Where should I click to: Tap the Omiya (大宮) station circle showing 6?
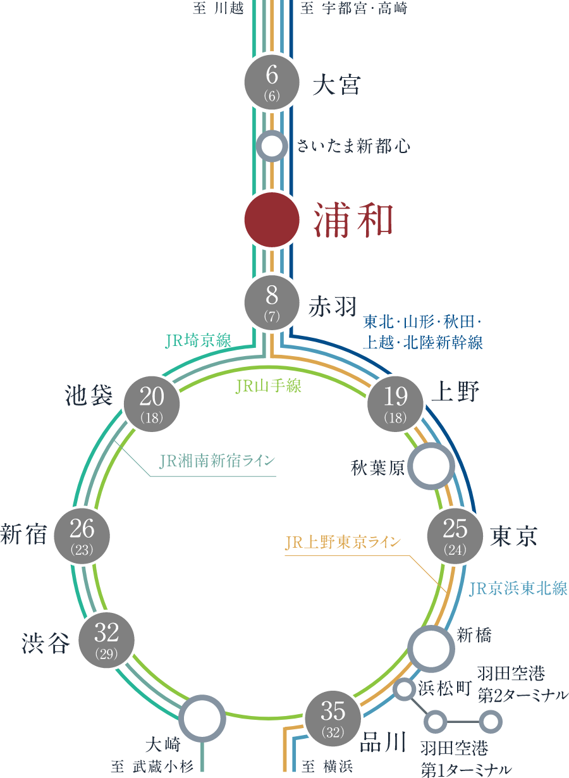coord(272,80)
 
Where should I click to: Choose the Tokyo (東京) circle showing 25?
coord(455,534)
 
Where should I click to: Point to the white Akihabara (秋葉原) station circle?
coord(431,466)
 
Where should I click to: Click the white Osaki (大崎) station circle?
coord(202,719)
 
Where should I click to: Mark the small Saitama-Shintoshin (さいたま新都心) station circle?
coord(272,146)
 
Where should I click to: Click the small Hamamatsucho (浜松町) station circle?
coord(403,689)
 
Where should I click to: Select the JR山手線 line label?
coord(269,386)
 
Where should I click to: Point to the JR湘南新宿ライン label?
coord(217,460)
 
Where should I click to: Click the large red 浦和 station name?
coord(354,220)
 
